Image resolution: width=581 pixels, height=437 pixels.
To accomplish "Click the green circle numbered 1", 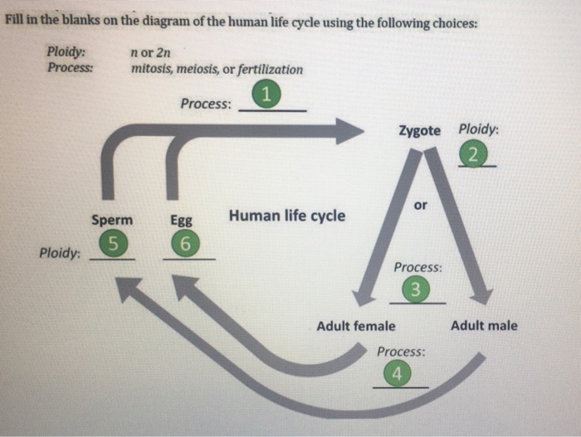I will pos(266,95).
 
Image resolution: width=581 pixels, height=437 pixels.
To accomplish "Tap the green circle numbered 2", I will pos(472,155).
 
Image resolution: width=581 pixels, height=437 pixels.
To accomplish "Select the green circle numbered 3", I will pos(417,289).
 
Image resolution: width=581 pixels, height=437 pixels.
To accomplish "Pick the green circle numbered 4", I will pos(397,374).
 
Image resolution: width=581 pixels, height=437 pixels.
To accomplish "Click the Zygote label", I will pos(420,131).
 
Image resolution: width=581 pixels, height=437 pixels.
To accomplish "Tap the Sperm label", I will pos(112,221).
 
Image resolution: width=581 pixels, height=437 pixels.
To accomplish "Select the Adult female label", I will pos(356,326).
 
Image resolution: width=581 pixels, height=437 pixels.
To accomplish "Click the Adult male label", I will pos(484,325).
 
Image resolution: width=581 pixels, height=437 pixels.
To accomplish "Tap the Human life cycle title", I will pos(287,216).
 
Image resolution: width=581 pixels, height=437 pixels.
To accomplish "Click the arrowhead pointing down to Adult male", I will pos(481,296).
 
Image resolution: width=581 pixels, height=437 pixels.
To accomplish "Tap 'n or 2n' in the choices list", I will pos(149,54).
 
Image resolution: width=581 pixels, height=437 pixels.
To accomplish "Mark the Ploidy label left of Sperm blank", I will pos(60,252).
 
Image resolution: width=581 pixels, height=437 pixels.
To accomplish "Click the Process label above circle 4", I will pos(400,351).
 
